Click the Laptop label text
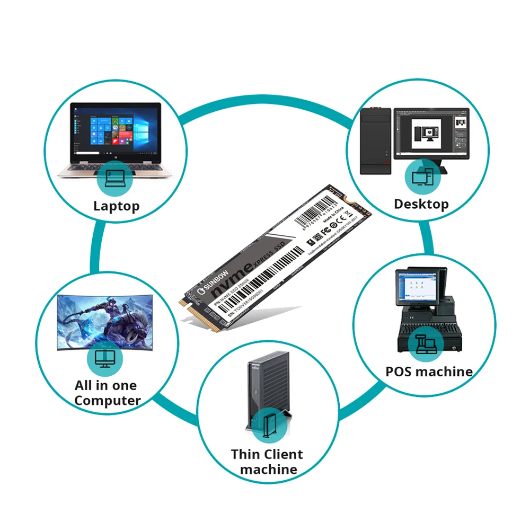117,206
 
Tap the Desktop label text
421,204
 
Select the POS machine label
429,371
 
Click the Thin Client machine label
267,462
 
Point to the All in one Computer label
106,393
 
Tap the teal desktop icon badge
423,176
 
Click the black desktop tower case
375,140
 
